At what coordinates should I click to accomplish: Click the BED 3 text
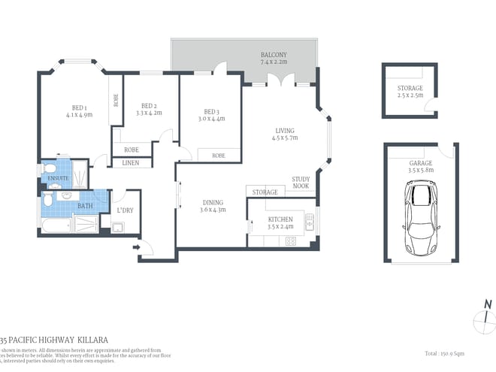[x=210, y=111]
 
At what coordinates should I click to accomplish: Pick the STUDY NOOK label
[x=301, y=183]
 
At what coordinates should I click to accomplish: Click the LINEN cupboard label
[x=131, y=162]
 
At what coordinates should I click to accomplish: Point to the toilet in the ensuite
[x=47, y=168]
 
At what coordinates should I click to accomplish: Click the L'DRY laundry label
[x=125, y=210]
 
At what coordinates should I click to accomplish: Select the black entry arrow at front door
[x=136, y=246]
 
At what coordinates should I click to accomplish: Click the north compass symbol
[x=485, y=317]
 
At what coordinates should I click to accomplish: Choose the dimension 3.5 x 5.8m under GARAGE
[x=421, y=171]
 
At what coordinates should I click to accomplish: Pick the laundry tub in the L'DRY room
[x=118, y=228]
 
